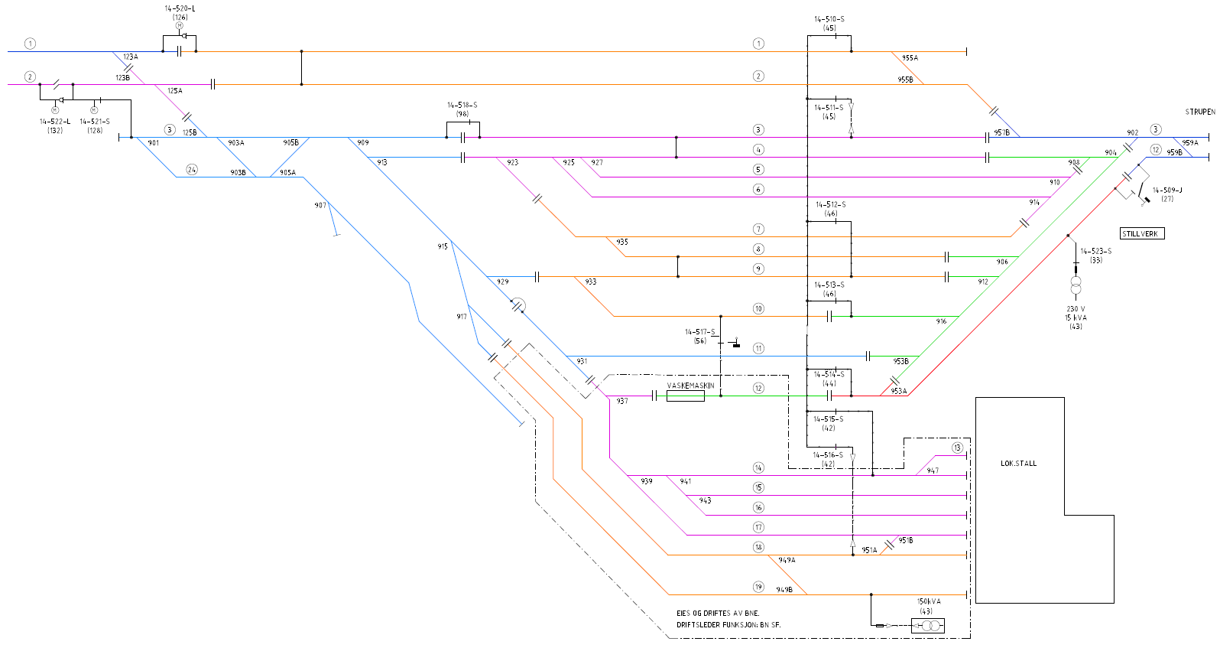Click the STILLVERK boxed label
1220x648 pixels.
pyautogui.click(x=1142, y=233)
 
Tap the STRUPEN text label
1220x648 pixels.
pyautogui.click(x=1200, y=112)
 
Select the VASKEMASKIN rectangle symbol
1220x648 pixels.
pyautogui.click(x=686, y=396)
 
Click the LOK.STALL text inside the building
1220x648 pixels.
pyautogui.click(x=1018, y=464)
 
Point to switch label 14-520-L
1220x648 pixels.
pyautogui.click(x=180, y=8)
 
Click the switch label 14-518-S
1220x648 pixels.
pyautogui.click(x=462, y=105)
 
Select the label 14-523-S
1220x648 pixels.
pyautogui.click(x=1095, y=251)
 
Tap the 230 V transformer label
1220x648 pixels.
pyautogui.click(x=1076, y=308)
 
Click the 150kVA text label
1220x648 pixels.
pyautogui.click(x=929, y=601)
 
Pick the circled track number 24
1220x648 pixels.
pyautogui.click(x=192, y=170)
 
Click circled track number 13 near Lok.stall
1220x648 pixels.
pyautogui.click(x=957, y=448)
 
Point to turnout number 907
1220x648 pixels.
pyautogui.click(x=320, y=205)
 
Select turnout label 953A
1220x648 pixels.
pyautogui.click(x=899, y=391)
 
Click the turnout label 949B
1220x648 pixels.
pyautogui.click(x=784, y=590)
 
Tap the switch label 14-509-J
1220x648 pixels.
pyautogui.click(x=1167, y=190)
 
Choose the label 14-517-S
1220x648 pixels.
pyautogui.click(x=699, y=332)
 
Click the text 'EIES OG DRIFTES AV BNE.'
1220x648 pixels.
pyautogui.click(x=718, y=613)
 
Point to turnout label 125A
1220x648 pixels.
pyautogui.click(x=175, y=90)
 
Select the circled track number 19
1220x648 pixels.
pyautogui.click(x=758, y=587)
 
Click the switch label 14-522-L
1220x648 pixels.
pyautogui.click(x=55, y=121)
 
